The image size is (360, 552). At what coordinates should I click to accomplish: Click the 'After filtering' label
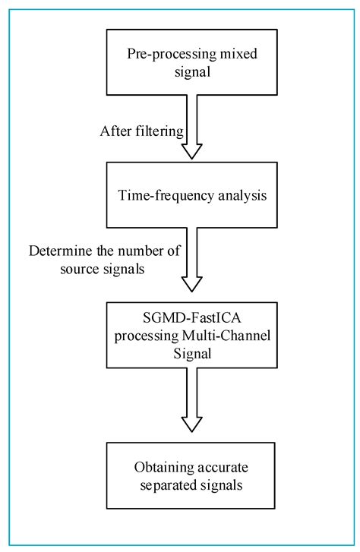141,131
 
